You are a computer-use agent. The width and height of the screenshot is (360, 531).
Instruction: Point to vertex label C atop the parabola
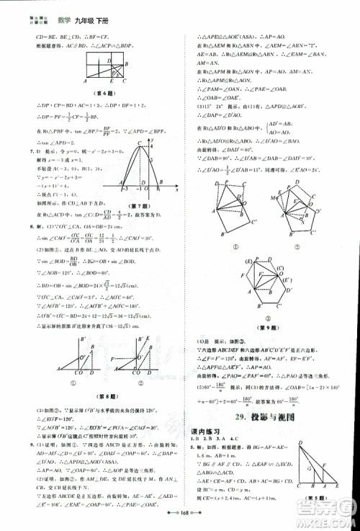[142, 142]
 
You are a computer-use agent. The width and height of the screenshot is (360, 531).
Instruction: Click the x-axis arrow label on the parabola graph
[176, 192]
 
